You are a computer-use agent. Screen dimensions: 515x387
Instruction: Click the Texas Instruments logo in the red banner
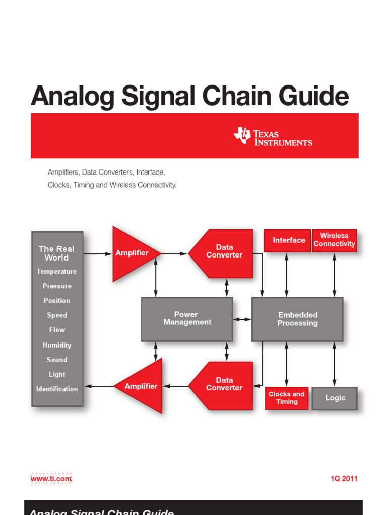(x=272, y=136)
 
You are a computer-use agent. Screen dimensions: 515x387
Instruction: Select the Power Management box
(x=187, y=319)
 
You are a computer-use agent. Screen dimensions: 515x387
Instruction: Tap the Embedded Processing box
(x=297, y=319)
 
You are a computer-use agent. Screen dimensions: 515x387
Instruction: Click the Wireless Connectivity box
(x=334, y=240)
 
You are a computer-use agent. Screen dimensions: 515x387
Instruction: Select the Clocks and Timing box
(x=286, y=398)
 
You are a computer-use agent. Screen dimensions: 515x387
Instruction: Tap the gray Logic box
(x=335, y=398)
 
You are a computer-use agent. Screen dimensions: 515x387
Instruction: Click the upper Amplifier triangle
(x=133, y=253)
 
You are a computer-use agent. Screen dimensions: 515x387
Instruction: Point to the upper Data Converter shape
(x=224, y=251)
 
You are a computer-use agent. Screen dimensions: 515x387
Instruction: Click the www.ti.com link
(x=51, y=479)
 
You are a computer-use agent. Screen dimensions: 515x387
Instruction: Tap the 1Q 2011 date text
(x=344, y=479)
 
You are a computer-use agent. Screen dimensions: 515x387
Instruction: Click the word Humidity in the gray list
(x=57, y=345)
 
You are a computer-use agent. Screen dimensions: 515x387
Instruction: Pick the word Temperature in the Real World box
(x=57, y=272)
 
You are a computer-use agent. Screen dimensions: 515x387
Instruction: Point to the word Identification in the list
(x=57, y=389)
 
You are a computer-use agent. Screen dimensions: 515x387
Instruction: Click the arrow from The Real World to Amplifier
(x=98, y=254)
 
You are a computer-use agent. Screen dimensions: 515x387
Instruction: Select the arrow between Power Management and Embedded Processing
(x=242, y=319)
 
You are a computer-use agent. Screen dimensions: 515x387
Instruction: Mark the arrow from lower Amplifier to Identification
(x=99, y=386)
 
